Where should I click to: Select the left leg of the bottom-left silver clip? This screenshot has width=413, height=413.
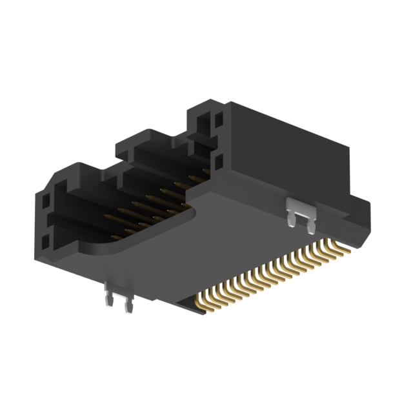click(109, 303)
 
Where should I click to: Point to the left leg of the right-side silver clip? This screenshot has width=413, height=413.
click(292, 220)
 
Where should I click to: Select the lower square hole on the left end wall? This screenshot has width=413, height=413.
click(45, 243)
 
